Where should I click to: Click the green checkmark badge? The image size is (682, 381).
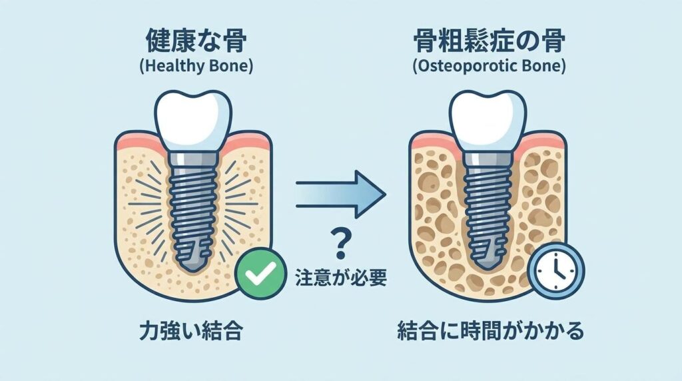pos(260,273)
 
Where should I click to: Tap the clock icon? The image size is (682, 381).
pos(556,271)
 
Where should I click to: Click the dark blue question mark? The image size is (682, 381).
pos(340,244)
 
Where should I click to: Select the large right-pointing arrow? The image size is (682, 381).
pos(340,194)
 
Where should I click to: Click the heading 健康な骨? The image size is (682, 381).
pos(196,41)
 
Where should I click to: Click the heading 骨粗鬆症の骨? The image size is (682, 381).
pos(489,41)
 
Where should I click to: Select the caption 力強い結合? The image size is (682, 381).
pos(191,332)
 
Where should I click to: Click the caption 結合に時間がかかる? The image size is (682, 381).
pos(491,332)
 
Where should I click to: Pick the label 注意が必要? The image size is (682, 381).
pos(341,278)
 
